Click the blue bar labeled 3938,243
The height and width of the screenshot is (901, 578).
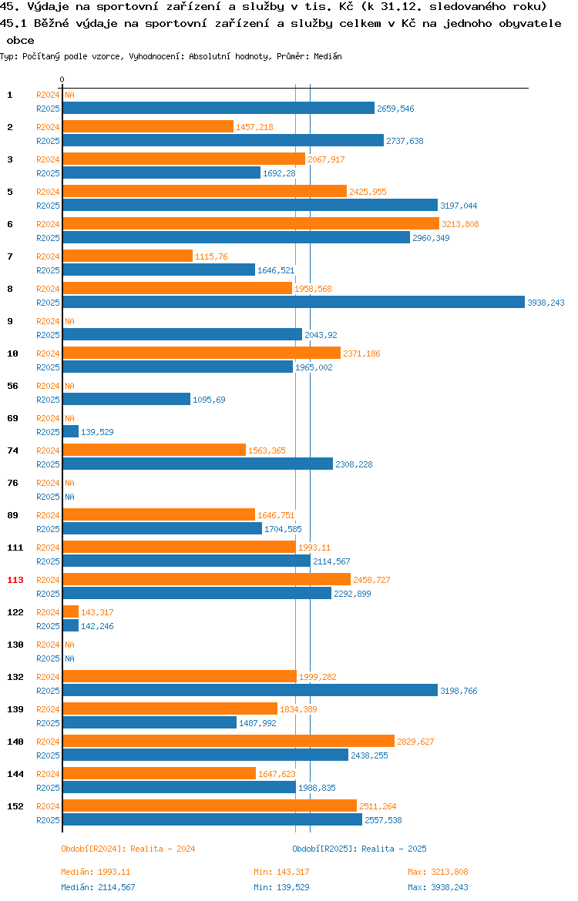coord(294,302)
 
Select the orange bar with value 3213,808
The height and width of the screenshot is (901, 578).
coord(251,224)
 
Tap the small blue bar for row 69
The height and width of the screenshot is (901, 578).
coord(71,431)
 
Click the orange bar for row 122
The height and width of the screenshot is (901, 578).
coord(71,612)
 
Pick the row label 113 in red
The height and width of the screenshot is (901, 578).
coord(15,580)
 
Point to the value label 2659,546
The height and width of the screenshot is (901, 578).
coord(395,109)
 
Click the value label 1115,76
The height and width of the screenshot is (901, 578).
coord(211,256)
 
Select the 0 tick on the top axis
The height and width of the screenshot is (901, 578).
coord(62,80)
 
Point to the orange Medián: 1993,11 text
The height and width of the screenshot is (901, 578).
coord(96,872)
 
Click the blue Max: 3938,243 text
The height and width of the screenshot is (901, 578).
coord(439,887)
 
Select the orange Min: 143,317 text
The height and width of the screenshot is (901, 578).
coord(282,872)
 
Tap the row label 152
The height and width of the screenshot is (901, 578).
coord(15,806)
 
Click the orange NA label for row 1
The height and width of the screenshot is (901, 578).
coord(69,95)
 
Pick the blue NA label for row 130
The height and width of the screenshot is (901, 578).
coord(69,658)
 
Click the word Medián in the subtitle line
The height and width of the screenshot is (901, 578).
coord(328,56)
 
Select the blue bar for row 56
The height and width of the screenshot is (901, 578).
coord(126,400)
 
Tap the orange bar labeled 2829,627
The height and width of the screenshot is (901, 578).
coord(229,742)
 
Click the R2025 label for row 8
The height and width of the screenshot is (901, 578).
coord(49,303)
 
